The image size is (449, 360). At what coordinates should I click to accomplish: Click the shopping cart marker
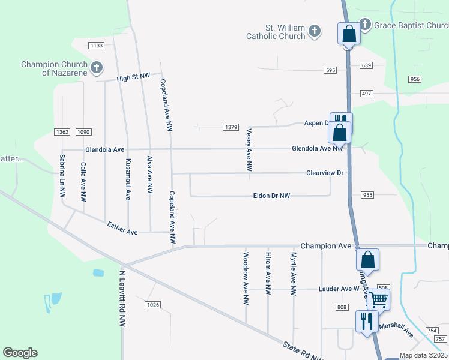click(x=378, y=299)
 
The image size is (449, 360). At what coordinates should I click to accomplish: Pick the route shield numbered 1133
click(x=96, y=46)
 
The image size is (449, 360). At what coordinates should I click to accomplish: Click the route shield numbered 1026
click(x=153, y=305)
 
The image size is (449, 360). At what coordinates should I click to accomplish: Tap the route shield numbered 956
click(x=414, y=79)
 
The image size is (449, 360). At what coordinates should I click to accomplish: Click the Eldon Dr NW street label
click(x=271, y=196)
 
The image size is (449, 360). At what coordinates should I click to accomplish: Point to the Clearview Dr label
click(x=324, y=173)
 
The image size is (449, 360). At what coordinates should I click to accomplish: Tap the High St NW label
click(x=132, y=78)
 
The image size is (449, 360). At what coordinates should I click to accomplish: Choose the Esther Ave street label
click(x=122, y=228)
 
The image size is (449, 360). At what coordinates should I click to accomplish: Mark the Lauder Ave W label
click(x=335, y=289)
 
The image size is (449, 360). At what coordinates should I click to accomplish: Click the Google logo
click(x=20, y=353)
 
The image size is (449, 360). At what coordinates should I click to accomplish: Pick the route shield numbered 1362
click(x=62, y=132)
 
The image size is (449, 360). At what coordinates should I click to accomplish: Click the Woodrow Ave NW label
click(x=246, y=278)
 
